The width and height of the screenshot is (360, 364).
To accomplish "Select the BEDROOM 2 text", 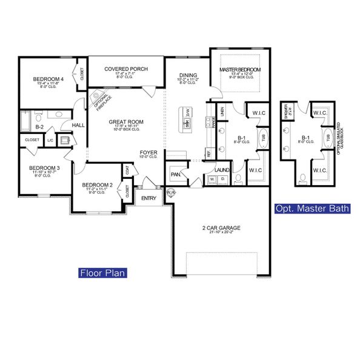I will click(x=98, y=184).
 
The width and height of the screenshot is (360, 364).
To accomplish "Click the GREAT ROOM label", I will click(x=125, y=122).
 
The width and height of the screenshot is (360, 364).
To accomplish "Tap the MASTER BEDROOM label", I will click(x=240, y=70).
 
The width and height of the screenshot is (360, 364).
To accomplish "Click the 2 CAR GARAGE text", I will click(x=221, y=228).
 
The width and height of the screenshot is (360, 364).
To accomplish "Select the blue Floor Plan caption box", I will click(x=102, y=273).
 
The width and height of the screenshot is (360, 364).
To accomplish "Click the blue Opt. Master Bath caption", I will click(x=312, y=209).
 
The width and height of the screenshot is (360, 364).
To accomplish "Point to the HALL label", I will click(x=79, y=125).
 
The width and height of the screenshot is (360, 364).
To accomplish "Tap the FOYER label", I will click(x=149, y=152).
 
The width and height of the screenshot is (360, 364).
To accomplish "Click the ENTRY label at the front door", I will click(x=148, y=198).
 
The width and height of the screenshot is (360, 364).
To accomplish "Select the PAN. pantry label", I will click(x=176, y=174).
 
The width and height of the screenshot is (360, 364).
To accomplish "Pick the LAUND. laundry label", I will click(x=222, y=170).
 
